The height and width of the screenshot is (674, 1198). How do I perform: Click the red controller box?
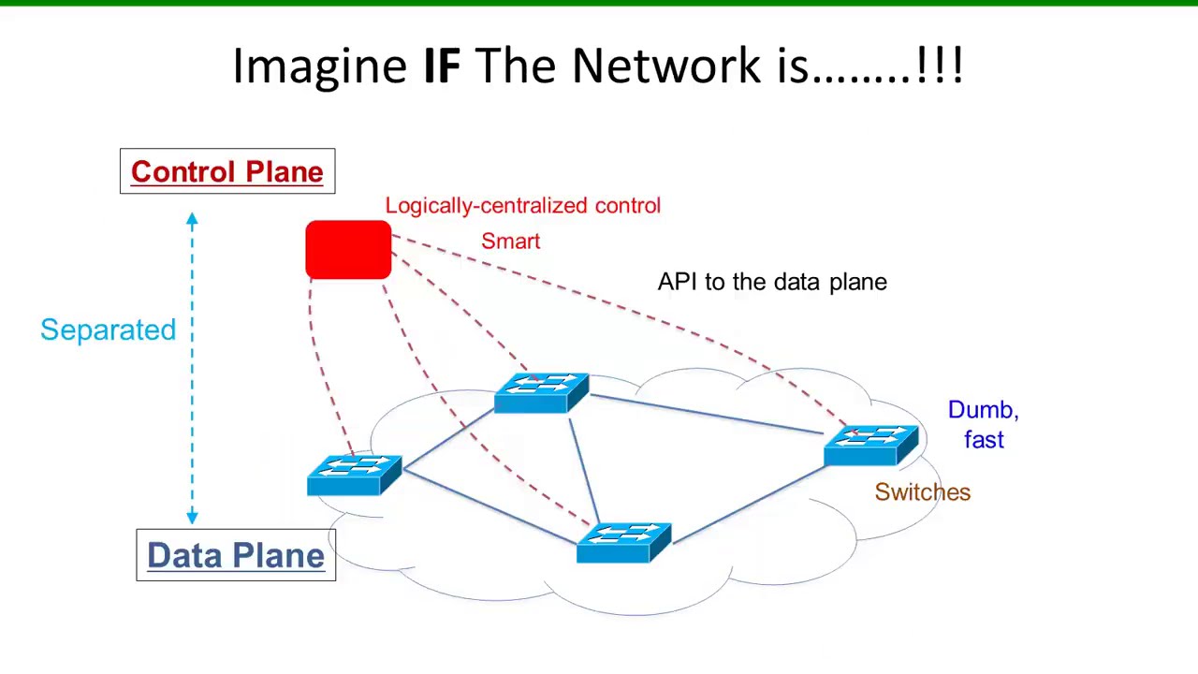tap(348, 250)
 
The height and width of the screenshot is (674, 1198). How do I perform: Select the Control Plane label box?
tap(227, 171)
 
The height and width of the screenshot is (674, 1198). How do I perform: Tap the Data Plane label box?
tap(236, 555)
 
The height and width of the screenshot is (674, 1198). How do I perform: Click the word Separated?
tap(108, 330)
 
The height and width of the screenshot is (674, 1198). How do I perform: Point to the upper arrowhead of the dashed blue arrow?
tap(192, 220)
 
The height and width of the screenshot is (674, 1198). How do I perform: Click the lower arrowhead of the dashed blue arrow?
tap(192, 516)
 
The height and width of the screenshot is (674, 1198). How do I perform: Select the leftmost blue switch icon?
tap(354, 475)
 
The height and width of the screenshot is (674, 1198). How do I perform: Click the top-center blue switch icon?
tap(541, 392)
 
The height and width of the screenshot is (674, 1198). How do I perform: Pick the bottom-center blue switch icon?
tap(623, 542)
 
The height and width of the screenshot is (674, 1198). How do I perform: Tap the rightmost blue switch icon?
tap(871, 445)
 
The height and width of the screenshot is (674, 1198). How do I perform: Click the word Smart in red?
tap(510, 242)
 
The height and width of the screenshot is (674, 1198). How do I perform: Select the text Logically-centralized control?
tap(522, 206)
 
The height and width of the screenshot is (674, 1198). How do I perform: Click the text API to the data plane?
tap(772, 282)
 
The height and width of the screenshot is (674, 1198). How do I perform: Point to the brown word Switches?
tap(922, 492)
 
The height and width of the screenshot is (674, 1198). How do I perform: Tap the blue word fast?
tap(984, 440)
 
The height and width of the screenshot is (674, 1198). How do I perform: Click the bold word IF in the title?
tap(442, 66)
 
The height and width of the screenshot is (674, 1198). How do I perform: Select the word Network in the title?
tap(665, 66)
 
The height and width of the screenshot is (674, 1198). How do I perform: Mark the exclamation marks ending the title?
tap(940, 66)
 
